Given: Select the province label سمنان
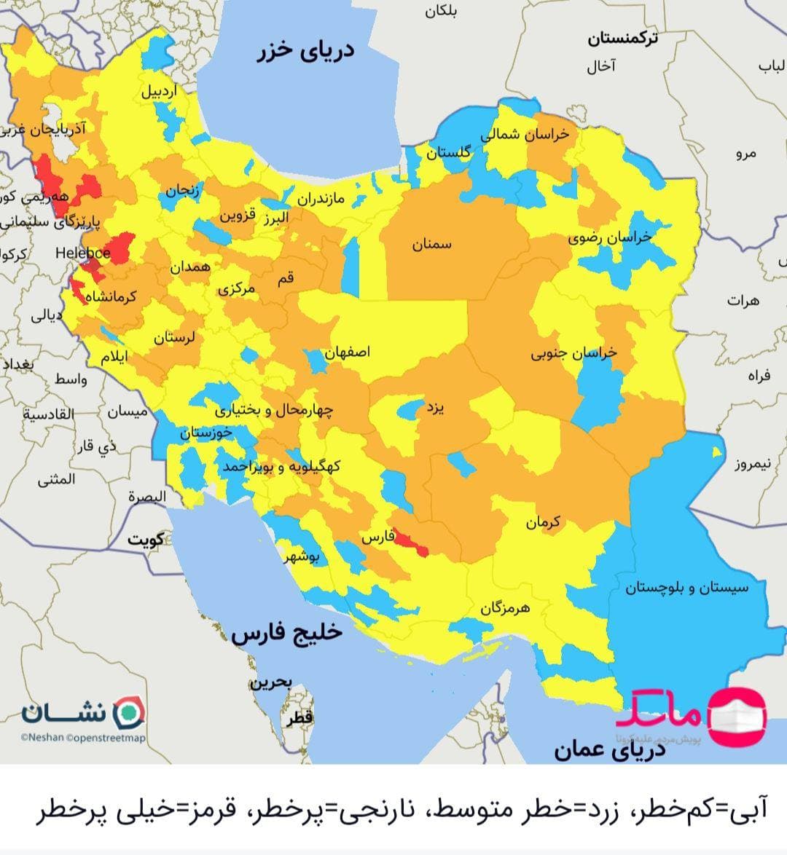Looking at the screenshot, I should pyautogui.click(x=432, y=245).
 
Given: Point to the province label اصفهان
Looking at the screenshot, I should pyautogui.click(x=348, y=352).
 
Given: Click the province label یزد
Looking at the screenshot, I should pyautogui.click(x=435, y=408).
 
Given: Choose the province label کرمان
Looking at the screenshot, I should pyautogui.click(x=543, y=522).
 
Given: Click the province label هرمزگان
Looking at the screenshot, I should pyautogui.click(x=504, y=607).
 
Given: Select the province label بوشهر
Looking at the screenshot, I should pyautogui.click(x=302, y=558).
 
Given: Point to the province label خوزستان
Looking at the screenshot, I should pyautogui.click(x=206, y=433).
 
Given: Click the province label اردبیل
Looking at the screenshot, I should pyautogui.click(x=159, y=92).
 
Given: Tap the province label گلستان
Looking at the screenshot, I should pyautogui.click(x=448, y=153).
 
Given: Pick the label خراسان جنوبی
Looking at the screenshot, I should pyautogui.click(x=573, y=353).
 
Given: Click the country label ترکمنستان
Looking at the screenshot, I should pyautogui.click(x=622, y=39).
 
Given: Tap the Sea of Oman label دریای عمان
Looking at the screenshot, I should pyautogui.click(x=610, y=749).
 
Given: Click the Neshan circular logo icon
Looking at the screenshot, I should pyautogui.click(x=131, y=710).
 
